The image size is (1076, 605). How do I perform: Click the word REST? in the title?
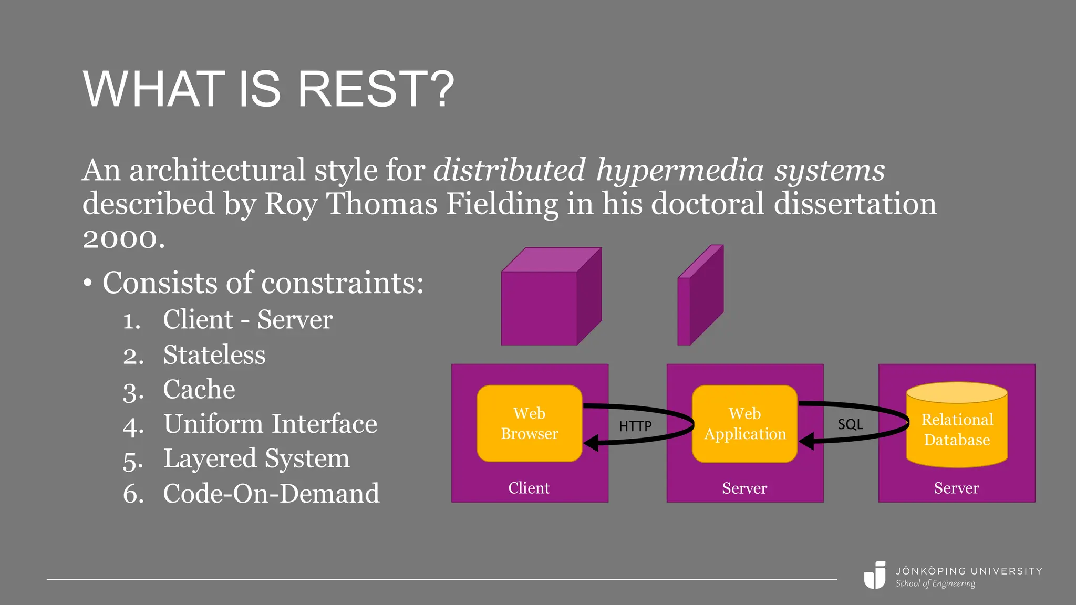tap(375, 89)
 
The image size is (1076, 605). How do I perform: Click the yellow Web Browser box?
tap(529, 423)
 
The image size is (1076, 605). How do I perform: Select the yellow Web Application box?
tap(744, 423)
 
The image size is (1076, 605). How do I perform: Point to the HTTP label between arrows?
tap(635, 426)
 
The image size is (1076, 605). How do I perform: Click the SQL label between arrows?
tap(850, 424)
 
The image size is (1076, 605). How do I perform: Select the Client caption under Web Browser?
tap(529, 488)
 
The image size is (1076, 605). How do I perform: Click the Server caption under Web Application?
tap(744, 488)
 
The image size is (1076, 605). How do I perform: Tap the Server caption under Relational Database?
tap(956, 488)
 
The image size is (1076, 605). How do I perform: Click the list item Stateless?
tap(214, 354)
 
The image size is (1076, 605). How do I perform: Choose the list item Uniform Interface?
tap(270, 424)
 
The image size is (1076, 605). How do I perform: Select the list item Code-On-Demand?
tap(271, 493)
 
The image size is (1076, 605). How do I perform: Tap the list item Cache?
tap(199, 389)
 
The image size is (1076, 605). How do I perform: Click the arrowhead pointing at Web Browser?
tap(592, 443)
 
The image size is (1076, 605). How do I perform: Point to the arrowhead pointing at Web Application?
tap(806, 441)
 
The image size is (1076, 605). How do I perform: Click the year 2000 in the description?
tap(123, 239)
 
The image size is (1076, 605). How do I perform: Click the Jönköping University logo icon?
tap(875, 576)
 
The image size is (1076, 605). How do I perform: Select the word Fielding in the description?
tap(502, 204)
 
